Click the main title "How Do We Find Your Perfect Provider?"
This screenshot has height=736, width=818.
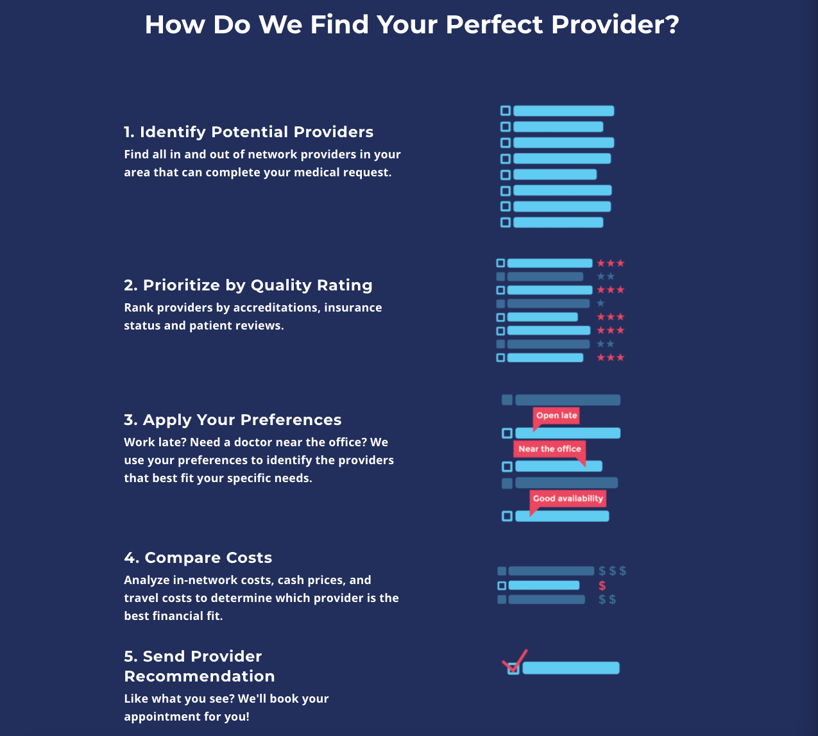411,25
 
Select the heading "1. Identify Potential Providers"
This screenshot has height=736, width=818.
248,132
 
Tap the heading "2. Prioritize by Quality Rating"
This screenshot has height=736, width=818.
248,285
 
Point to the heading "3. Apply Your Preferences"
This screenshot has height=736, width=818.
232,420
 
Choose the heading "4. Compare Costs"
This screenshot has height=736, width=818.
198,558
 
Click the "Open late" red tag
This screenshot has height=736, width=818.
556,415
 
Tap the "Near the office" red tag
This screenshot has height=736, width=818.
549,449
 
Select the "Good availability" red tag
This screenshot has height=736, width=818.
568,498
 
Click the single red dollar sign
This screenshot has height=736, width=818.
602,585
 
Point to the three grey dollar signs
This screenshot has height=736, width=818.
612,571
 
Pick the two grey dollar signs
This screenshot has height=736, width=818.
607,599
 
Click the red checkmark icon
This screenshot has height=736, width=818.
515,660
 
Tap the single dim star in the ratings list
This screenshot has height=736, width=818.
601,303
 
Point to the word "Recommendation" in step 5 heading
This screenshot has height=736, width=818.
199,676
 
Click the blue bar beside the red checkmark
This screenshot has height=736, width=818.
571,668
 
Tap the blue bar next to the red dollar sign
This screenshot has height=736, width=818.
543,585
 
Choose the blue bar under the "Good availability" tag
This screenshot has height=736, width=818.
562,516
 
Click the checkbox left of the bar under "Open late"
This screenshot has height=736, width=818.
507,433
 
